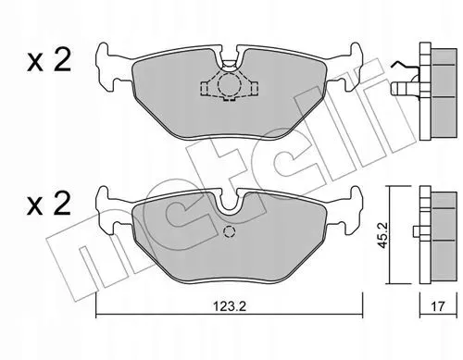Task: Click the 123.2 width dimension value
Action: [x=230, y=306]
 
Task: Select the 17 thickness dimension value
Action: [x=438, y=306]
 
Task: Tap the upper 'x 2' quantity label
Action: [x=49, y=60]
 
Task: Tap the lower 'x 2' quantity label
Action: [x=49, y=203]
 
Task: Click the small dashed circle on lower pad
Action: [x=230, y=231]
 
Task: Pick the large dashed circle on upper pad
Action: [x=229, y=83]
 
